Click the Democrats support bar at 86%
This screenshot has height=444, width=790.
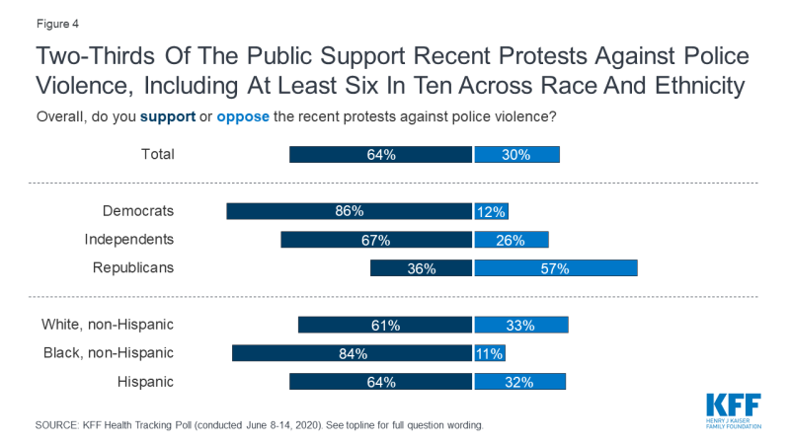[x=349, y=211]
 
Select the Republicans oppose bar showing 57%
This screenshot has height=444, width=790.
[x=556, y=267]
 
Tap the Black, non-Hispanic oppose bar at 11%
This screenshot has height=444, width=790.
[x=489, y=353]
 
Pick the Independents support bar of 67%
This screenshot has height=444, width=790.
[x=376, y=240]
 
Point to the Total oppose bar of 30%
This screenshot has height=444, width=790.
[x=516, y=155]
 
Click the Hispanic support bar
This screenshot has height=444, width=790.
[x=380, y=382]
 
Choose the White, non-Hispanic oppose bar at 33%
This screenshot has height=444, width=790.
[x=521, y=325]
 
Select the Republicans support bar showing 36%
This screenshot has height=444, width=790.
[x=421, y=267]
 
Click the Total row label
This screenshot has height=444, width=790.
[x=158, y=154]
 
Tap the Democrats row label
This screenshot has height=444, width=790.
[x=138, y=210]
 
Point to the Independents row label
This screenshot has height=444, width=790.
[x=129, y=239]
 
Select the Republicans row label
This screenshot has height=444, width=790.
[x=133, y=267]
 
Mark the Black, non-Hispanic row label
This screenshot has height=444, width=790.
[x=108, y=353]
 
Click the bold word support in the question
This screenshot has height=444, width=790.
[x=169, y=116]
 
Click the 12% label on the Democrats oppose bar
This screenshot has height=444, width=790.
[x=491, y=211]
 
